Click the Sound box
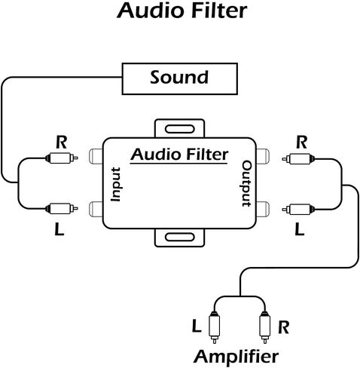(x=179, y=79)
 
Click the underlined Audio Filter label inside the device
(x=179, y=155)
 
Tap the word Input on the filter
(x=116, y=184)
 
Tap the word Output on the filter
(x=246, y=184)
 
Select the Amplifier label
(x=236, y=357)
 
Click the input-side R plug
(x=62, y=158)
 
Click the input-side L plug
(x=62, y=208)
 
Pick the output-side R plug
(x=298, y=159)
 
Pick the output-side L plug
(x=298, y=209)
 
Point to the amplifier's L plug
(x=214, y=327)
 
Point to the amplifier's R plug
(x=265, y=327)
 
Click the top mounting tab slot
(x=180, y=129)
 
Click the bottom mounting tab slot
(x=180, y=237)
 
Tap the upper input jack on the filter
(x=96, y=156)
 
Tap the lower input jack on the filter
(x=96, y=209)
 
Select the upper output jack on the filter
(x=263, y=156)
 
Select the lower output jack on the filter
(x=263, y=209)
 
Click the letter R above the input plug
(x=62, y=142)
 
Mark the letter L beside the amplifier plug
(x=197, y=326)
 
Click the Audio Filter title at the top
(x=182, y=11)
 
